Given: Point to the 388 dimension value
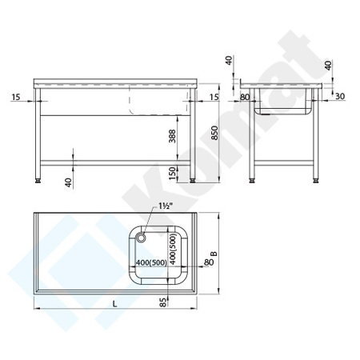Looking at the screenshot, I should click(175, 137).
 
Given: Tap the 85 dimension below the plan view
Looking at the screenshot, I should click(164, 302).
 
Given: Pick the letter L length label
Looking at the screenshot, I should click(115, 302).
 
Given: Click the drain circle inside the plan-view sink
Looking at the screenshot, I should click(141, 236).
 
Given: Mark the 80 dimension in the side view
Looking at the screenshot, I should click(244, 98).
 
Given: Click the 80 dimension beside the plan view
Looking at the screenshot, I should click(210, 258).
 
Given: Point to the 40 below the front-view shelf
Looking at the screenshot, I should click(68, 182).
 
